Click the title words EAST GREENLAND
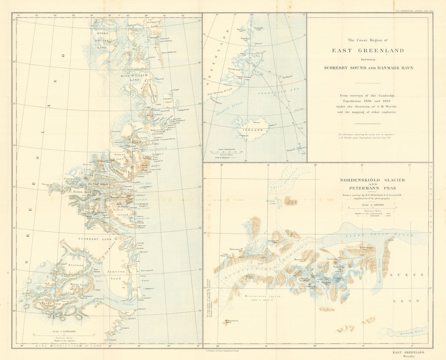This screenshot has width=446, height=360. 368,50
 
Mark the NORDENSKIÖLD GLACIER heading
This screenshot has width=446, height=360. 372,180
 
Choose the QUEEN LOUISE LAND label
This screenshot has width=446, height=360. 99,38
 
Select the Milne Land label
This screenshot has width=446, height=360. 78,284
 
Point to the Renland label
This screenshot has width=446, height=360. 76,265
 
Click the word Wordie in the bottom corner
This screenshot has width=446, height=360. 408,356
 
